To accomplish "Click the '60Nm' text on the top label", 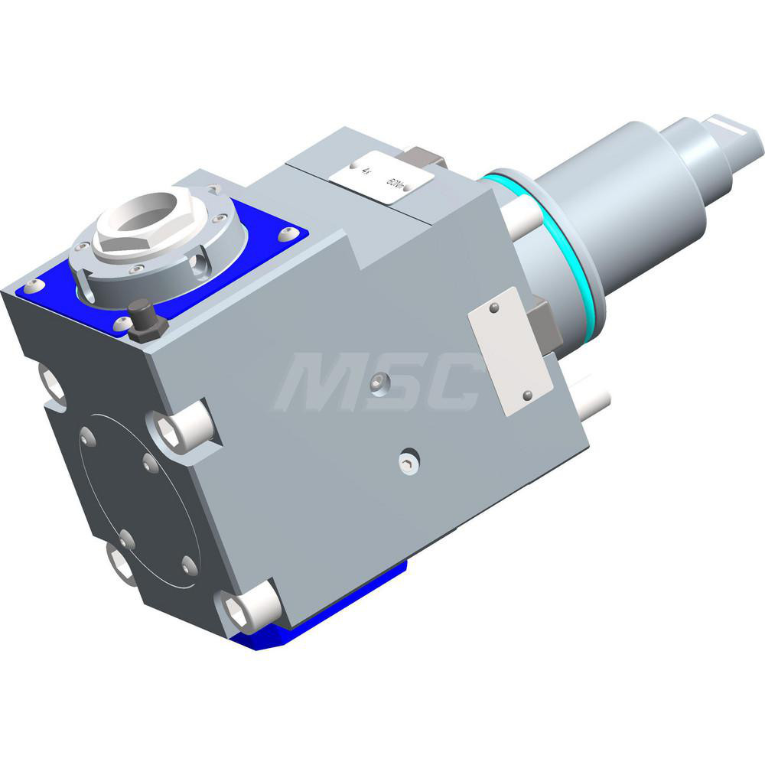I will click(396, 184).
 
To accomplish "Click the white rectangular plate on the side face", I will click(502, 351).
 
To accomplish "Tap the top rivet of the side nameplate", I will click(495, 308).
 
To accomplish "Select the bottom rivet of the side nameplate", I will click(526, 395).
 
